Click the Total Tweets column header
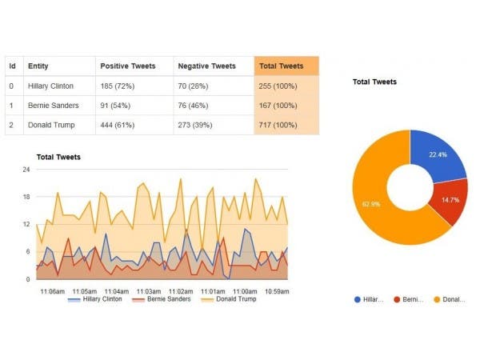tap(281, 66)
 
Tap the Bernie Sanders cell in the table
tap(51, 106)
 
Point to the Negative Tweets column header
tap(206, 66)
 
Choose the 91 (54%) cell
tap(115, 106)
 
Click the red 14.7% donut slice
tap(450, 199)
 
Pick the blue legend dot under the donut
tap(357, 299)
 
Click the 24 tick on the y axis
tap(26, 170)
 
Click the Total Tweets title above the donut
tap(374, 82)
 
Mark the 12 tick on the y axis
tap(26, 224)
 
